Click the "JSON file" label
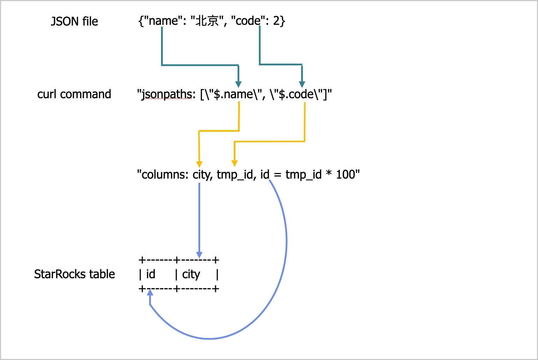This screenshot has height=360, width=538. tap(74, 21)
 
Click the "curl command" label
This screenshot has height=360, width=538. tap(74, 94)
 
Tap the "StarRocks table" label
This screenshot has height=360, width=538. tap(74, 274)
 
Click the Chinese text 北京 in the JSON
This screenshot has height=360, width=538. tap(207, 21)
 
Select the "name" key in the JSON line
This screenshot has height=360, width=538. tap(163, 21)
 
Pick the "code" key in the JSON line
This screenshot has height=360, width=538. tap(248, 21)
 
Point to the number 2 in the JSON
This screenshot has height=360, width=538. tap(276, 21)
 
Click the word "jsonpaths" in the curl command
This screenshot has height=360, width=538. tap(167, 94)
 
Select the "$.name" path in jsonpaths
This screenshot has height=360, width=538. tap(233, 94)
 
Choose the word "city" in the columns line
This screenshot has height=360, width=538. tap(202, 174)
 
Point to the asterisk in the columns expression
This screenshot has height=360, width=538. tap(329, 174)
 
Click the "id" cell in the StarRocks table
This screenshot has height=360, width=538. tap(151, 274)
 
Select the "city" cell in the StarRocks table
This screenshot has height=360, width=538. tap(191, 274)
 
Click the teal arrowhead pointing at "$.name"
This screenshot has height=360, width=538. tap(238, 84)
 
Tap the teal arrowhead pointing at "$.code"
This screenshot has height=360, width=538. tap(302, 84)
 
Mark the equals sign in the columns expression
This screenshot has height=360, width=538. tap(278, 175)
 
